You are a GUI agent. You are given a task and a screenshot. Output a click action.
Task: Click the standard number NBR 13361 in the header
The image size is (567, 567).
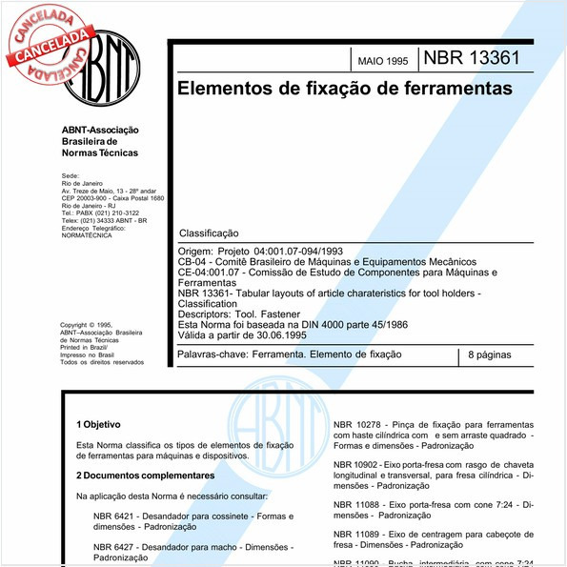pos(472,57)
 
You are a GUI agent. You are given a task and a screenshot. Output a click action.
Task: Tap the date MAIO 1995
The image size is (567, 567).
pos(382,61)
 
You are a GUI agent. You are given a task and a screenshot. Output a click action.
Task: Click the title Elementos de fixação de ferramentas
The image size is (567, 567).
pos(344,89)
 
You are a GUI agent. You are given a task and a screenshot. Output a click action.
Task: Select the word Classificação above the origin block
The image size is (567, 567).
pos(209,233)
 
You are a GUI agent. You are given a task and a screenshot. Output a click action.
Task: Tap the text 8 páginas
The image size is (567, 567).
pos(492,354)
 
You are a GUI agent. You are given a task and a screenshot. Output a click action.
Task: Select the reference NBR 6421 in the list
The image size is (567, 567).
pos(114,516)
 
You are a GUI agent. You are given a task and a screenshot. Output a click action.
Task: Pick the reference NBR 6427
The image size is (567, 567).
pos(114,547)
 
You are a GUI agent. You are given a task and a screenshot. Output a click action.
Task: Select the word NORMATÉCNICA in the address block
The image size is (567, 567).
pos(86,235)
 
